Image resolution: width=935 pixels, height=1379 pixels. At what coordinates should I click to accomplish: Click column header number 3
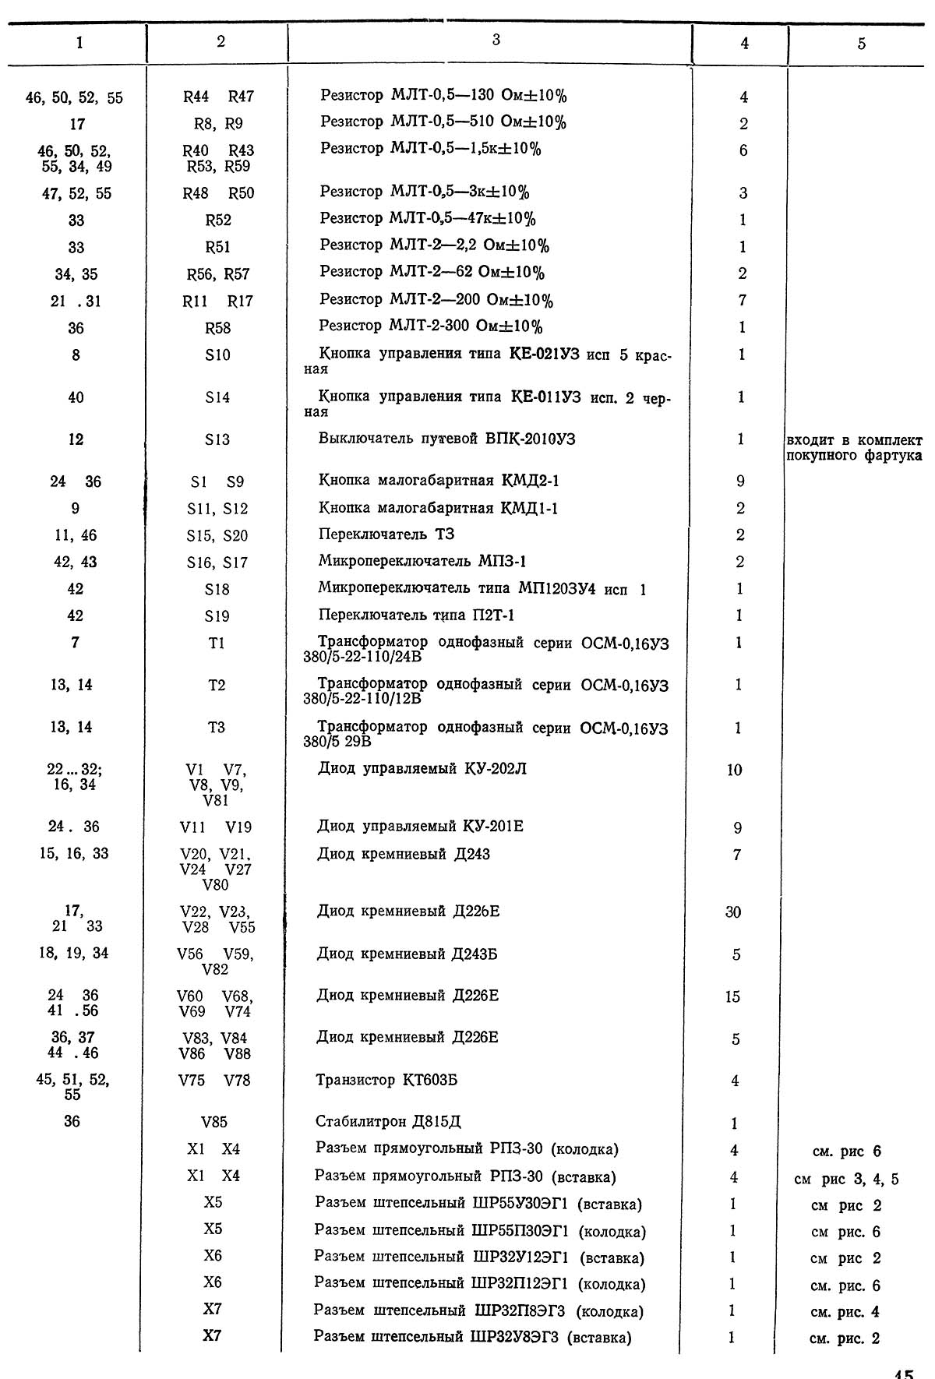tap(496, 40)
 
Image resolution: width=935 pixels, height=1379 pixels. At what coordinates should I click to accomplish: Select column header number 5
tap(861, 44)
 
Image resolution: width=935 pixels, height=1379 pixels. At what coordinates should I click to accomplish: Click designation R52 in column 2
tap(218, 220)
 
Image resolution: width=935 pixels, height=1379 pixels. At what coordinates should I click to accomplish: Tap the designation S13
tap(217, 439)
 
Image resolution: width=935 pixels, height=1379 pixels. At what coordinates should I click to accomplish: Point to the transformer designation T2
tap(217, 685)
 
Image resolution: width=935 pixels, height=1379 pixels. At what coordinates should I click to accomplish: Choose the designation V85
tap(214, 1123)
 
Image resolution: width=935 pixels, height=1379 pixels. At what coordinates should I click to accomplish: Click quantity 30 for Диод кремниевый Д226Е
tap(733, 912)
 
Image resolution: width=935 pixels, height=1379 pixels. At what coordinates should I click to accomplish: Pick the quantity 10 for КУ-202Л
tap(734, 770)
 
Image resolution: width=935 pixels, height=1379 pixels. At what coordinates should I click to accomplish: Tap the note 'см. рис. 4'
tap(845, 1312)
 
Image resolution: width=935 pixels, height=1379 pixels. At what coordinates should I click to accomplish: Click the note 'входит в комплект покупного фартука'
tap(854, 447)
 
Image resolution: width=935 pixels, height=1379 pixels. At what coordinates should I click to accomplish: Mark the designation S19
tap(217, 616)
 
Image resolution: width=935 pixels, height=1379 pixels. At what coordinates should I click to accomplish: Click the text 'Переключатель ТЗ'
tap(386, 534)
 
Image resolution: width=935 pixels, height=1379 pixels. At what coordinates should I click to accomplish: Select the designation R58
tap(218, 328)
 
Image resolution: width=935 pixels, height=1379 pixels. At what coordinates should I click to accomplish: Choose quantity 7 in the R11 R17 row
tap(742, 300)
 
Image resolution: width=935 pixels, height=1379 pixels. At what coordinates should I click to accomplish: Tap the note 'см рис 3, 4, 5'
tap(846, 1179)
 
